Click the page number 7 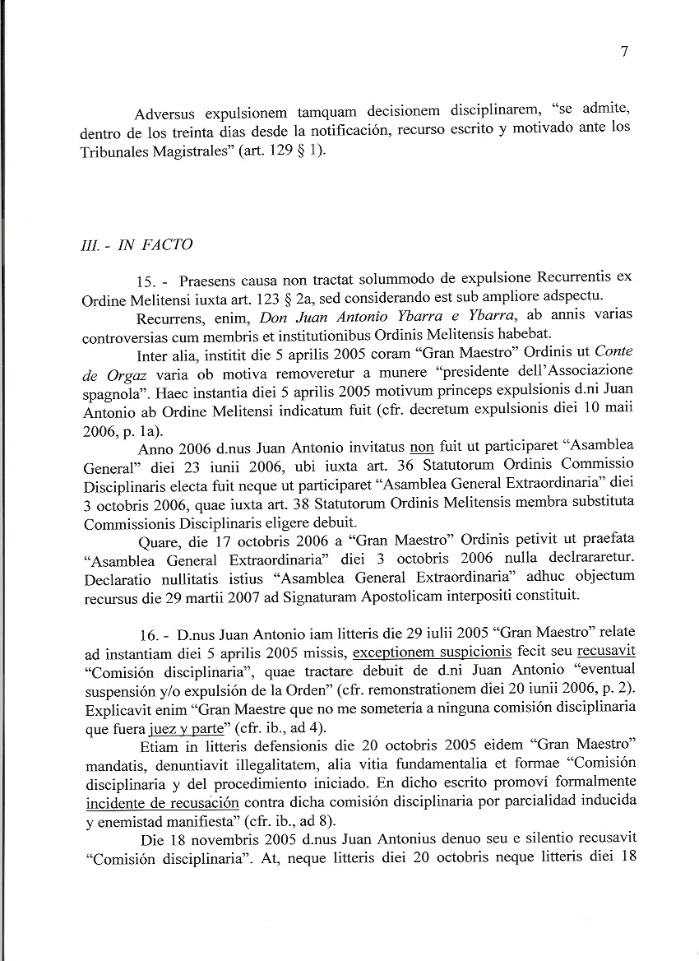pos(624,52)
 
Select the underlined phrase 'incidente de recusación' pos(162,802)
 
